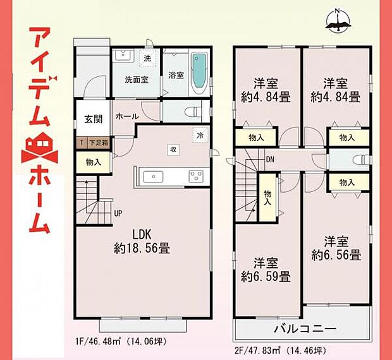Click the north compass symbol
pyautogui.click(x=339, y=21)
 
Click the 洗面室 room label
pyautogui.click(x=135, y=80)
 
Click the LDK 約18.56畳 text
pyautogui.click(x=142, y=241)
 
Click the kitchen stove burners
pyautogui.click(x=195, y=176)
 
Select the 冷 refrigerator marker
pyautogui.click(x=200, y=135)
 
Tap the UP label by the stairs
pyautogui.click(x=118, y=213)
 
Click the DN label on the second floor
pyautogui.click(x=269, y=159)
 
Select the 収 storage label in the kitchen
pyautogui.click(x=172, y=149)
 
